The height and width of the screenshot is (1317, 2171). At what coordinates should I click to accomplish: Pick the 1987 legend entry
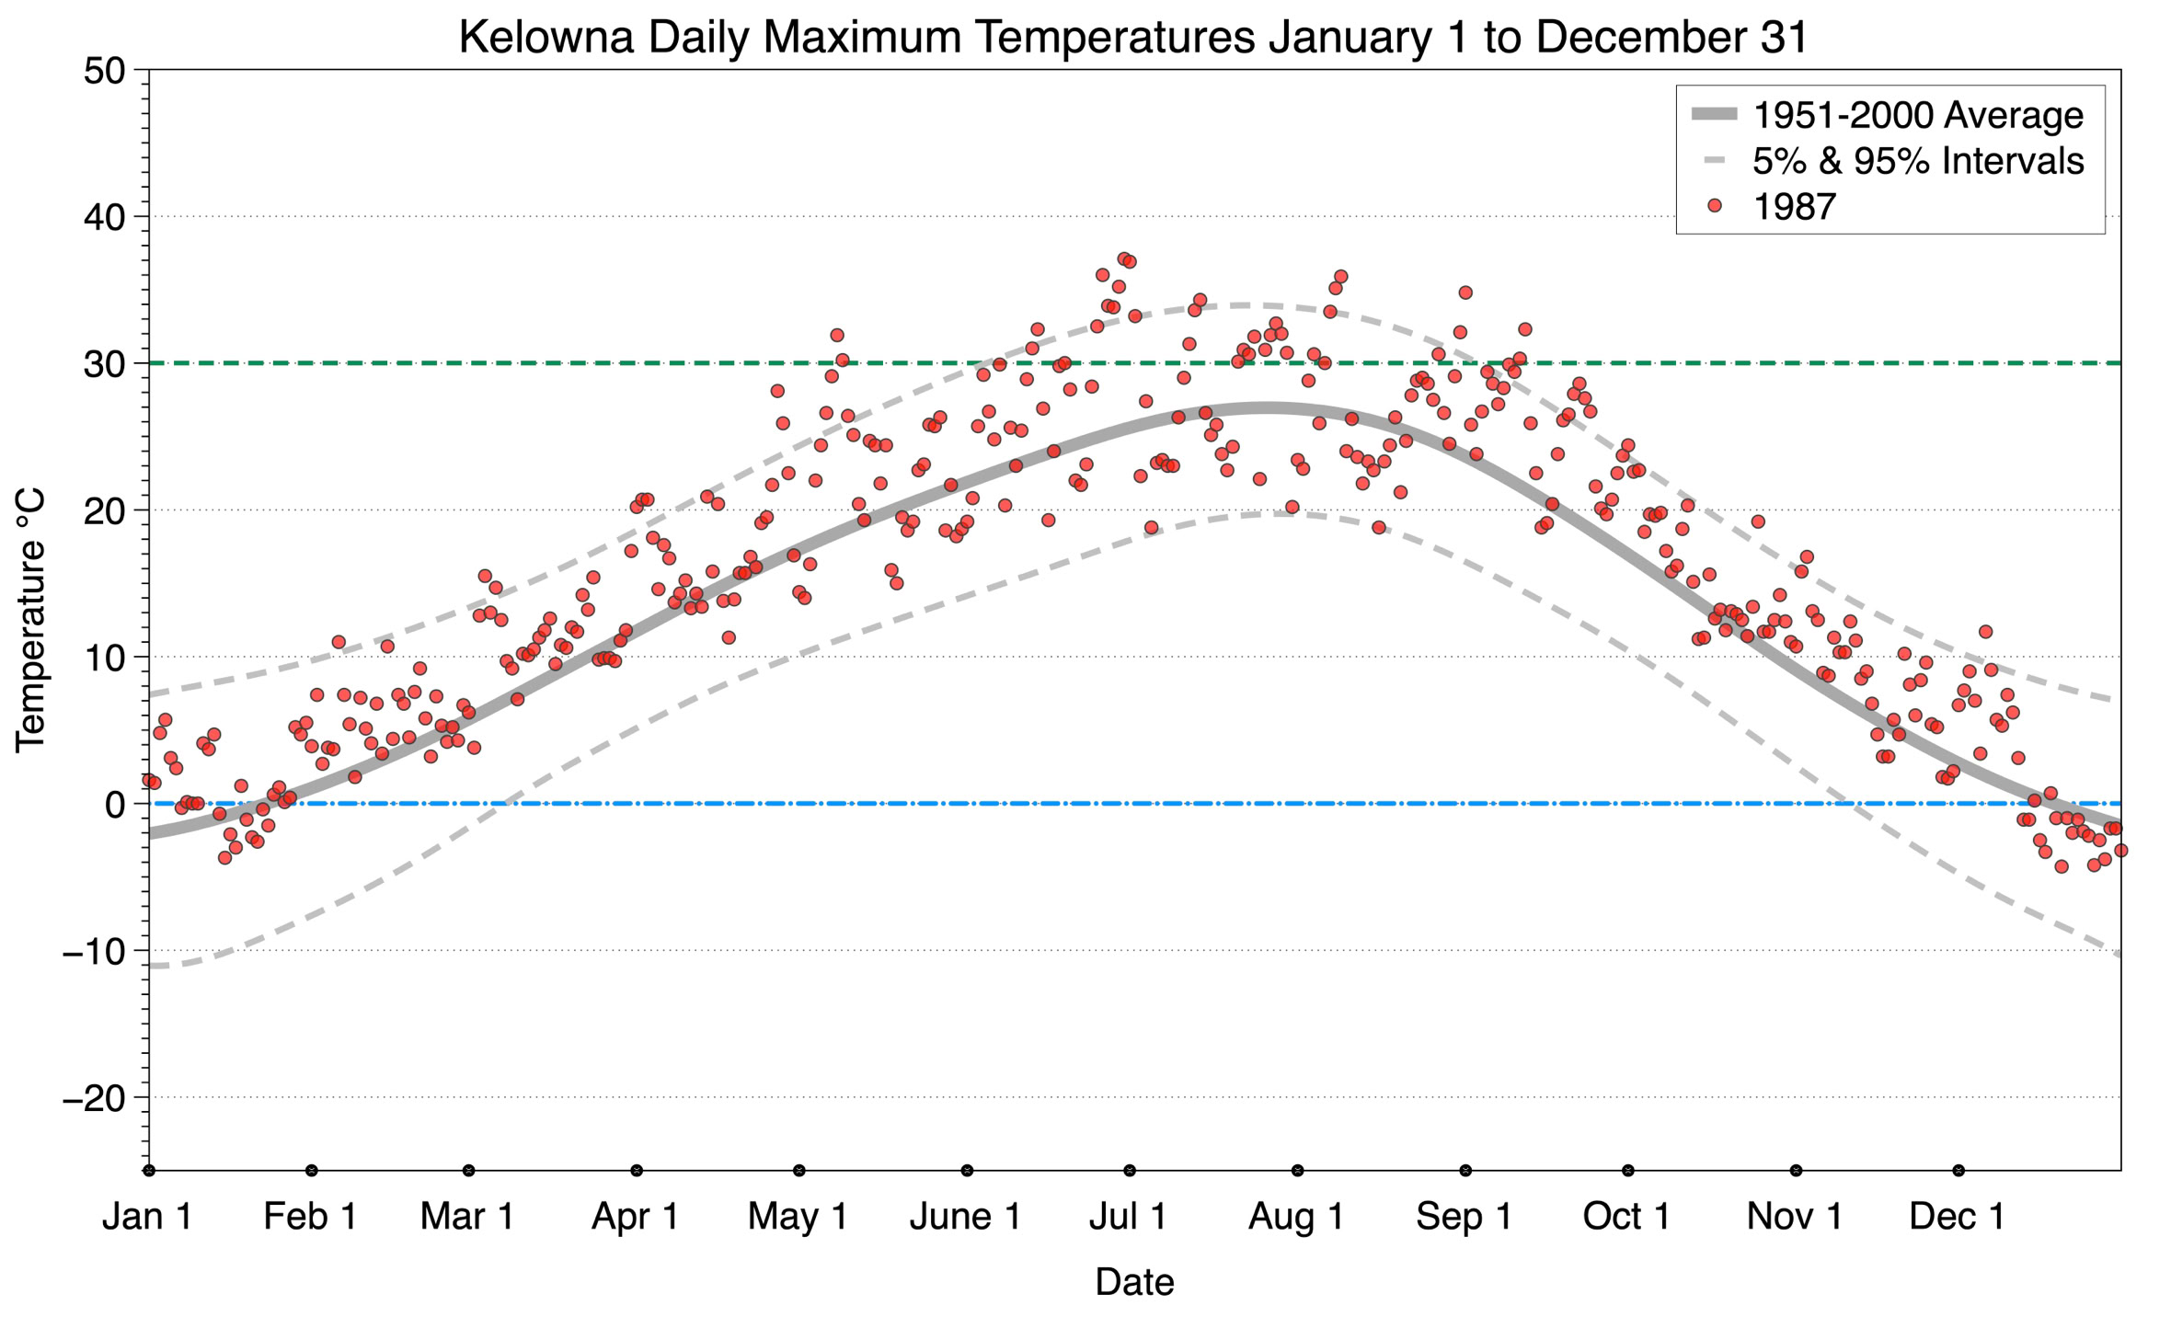click(x=1793, y=207)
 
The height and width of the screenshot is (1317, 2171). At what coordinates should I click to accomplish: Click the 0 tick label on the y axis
click(x=115, y=805)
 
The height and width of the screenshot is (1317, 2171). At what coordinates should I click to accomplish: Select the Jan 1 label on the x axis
click(x=148, y=1216)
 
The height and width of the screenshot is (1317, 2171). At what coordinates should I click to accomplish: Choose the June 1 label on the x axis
click(x=965, y=1216)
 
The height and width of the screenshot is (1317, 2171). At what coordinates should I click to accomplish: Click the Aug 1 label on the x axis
click(x=1295, y=1216)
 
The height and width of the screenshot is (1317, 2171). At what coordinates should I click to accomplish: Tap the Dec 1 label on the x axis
click(x=1957, y=1216)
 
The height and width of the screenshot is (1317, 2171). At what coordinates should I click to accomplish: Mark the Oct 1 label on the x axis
click(x=1626, y=1216)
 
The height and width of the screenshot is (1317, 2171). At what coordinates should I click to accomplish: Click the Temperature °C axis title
click(x=30, y=620)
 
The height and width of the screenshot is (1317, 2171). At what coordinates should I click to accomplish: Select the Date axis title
click(x=1134, y=1282)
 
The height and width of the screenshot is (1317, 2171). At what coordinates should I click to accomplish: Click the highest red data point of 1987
click(x=1123, y=259)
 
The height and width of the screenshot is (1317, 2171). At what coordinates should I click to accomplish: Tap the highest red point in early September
click(x=1465, y=292)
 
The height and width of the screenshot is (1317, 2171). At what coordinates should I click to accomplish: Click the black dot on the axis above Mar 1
click(x=469, y=1171)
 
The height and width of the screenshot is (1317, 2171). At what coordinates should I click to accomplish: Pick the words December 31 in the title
click(x=1671, y=38)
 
